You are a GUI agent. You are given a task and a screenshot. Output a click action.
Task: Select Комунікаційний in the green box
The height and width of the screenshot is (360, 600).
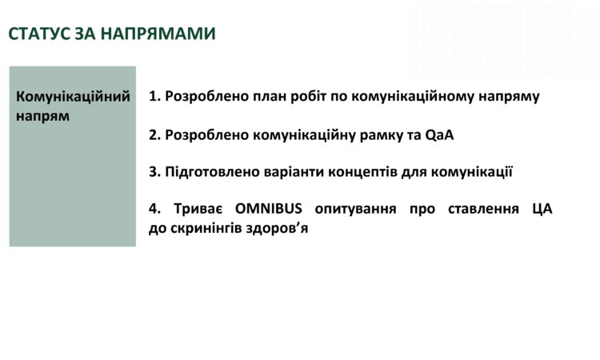point(73,97)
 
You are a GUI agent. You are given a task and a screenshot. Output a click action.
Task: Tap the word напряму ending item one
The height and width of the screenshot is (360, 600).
point(510,97)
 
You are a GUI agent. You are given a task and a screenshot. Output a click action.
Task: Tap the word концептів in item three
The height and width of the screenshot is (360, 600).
point(360,171)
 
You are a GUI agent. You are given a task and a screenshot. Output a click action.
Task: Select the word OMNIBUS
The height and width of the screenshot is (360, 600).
point(268,209)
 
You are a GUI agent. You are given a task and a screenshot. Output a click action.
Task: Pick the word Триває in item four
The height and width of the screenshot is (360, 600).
point(198,209)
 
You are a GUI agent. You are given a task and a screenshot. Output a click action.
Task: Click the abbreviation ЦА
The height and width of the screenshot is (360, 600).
point(541,209)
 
